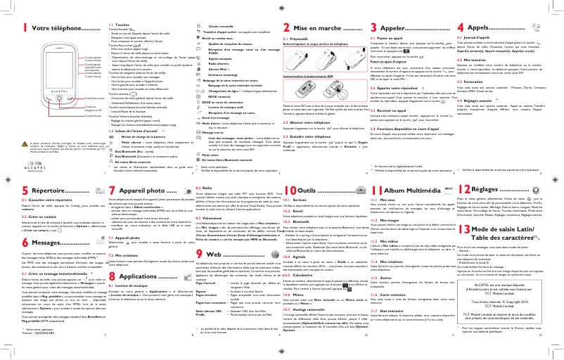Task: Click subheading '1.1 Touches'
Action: tap(115, 24)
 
